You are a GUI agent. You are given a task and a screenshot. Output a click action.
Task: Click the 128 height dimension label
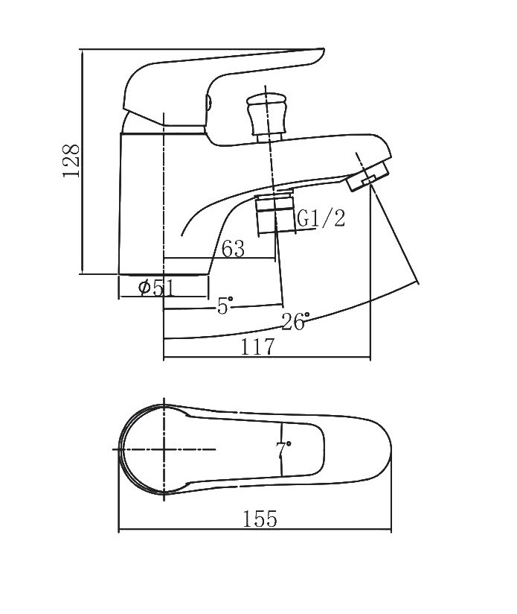click(x=71, y=160)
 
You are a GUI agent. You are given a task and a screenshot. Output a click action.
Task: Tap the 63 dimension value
click(x=234, y=249)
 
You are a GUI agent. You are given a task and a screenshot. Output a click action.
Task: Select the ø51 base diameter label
click(x=156, y=288)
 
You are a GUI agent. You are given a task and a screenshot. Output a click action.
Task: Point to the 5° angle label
click(x=225, y=305)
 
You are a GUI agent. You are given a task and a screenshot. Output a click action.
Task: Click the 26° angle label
click(x=296, y=321)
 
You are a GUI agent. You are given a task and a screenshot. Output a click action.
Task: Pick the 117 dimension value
click(x=257, y=346)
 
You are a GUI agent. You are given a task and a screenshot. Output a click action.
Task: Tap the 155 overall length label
click(x=260, y=519)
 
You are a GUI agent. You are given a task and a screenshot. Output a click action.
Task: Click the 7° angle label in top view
click(x=283, y=449)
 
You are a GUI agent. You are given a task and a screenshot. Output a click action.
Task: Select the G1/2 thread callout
click(x=321, y=218)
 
